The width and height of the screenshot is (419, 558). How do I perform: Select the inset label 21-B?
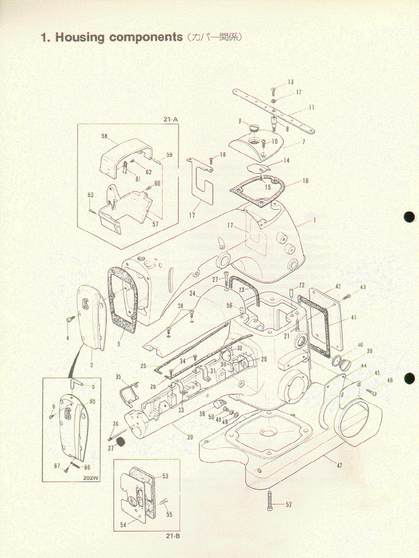click(x=173, y=536)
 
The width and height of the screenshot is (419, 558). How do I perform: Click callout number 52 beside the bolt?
click(x=289, y=505)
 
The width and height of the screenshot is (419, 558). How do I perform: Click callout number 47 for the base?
click(x=339, y=466)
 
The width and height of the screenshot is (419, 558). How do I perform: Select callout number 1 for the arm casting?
click(x=314, y=221)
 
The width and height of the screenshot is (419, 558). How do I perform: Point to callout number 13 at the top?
click(x=291, y=82)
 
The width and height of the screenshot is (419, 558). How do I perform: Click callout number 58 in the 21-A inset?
click(x=104, y=136)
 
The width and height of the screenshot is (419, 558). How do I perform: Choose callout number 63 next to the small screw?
click(x=91, y=195)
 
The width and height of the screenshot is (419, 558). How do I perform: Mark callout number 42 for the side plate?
click(x=338, y=286)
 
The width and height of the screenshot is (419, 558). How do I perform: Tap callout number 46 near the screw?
click(x=390, y=380)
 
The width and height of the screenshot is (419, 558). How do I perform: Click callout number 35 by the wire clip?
click(x=118, y=377)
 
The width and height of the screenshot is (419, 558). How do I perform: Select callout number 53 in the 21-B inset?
click(x=165, y=476)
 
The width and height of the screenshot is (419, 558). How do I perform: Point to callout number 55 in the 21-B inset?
click(x=169, y=514)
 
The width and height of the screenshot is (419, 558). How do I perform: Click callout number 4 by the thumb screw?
click(x=68, y=338)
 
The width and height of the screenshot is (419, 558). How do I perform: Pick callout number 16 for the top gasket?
click(x=305, y=181)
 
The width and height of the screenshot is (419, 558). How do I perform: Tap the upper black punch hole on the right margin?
click(x=410, y=217)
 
